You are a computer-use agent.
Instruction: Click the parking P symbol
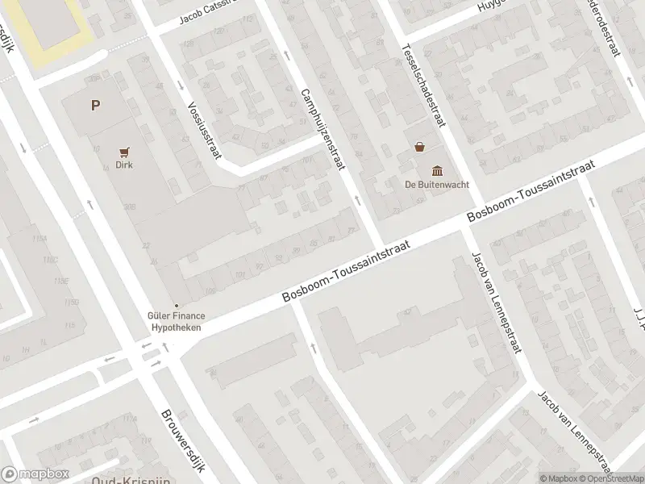pyautogui.click(x=96, y=105)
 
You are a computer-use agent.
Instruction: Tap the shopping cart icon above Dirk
pyautogui.click(x=123, y=151)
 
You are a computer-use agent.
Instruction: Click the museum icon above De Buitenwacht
pyautogui.click(x=437, y=169)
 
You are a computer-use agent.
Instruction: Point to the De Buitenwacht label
pyautogui.click(x=437, y=183)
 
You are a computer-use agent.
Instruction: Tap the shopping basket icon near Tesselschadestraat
pyautogui.click(x=419, y=147)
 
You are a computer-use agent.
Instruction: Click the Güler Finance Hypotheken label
pyautogui.click(x=174, y=323)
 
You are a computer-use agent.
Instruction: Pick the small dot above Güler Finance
pyautogui.click(x=177, y=305)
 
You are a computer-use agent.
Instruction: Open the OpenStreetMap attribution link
pyautogui.click(x=611, y=478)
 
